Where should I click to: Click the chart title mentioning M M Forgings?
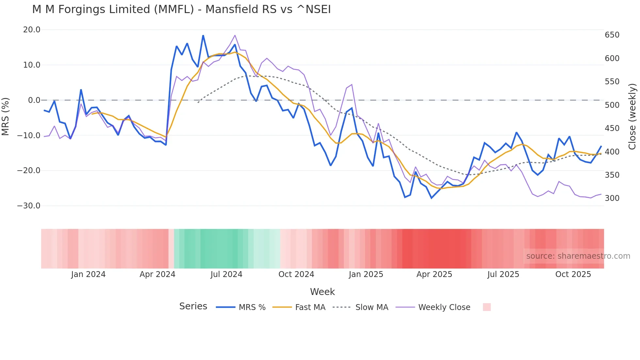point(181,9)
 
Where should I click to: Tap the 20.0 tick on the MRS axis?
point(32,30)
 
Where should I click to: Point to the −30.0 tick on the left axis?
point(29,206)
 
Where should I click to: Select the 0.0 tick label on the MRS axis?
point(34,100)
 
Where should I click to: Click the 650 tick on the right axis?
point(612,35)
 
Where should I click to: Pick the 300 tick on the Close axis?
point(612,198)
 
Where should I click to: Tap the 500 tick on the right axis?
point(612,105)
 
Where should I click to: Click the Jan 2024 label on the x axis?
point(88,274)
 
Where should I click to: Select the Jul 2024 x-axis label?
point(226,274)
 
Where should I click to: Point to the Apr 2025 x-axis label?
point(434,274)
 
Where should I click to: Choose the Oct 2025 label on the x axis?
point(573,274)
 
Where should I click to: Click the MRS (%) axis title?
point(5,116)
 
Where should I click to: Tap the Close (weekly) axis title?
point(632,116)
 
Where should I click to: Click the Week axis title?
point(322,292)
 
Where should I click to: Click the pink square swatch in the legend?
point(487,307)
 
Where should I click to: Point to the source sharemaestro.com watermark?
point(578,256)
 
